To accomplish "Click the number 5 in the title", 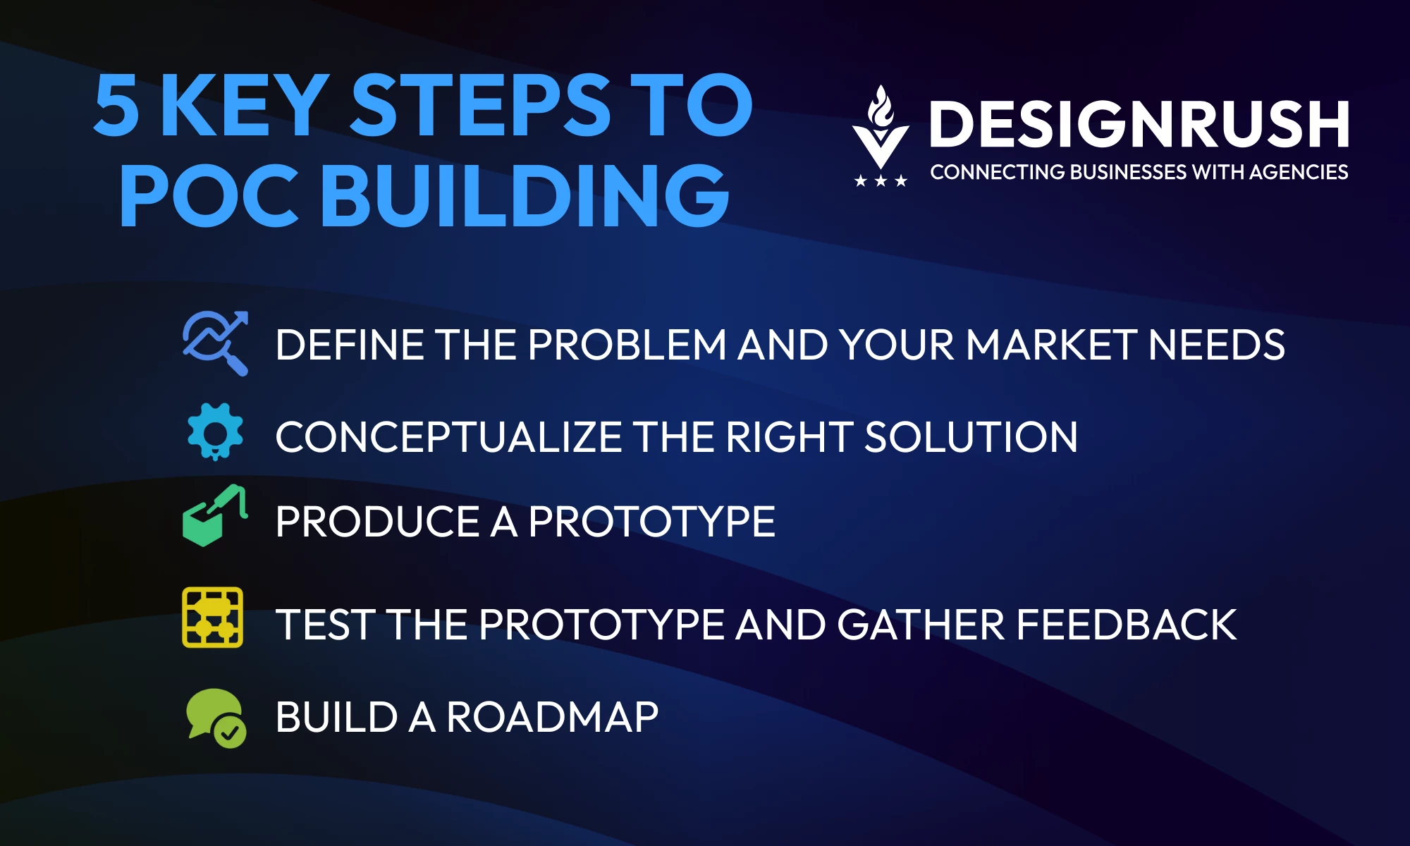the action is (x=116, y=106).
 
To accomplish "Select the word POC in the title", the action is (x=209, y=195).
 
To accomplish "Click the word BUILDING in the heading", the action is (x=525, y=195).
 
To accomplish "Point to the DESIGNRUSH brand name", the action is (x=1139, y=124).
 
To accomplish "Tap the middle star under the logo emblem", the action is (x=881, y=181).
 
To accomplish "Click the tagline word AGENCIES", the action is (x=1299, y=172).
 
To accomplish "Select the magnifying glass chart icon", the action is (x=216, y=343).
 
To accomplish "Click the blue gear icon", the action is (x=216, y=432).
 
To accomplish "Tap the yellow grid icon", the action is (x=213, y=618).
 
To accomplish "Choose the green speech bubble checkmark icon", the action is (x=216, y=718).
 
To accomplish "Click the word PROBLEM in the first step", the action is (x=627, y=345).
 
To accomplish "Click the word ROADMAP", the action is (x=553, y=717).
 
